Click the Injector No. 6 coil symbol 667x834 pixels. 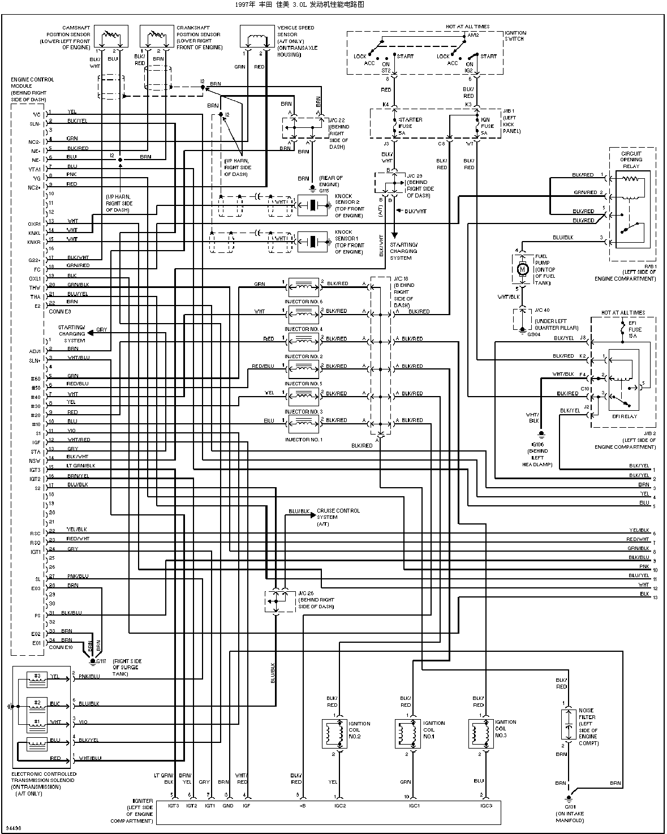tap(304, 285)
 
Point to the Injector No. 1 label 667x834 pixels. tap(304, 440)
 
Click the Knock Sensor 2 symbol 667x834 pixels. tap(312, 206)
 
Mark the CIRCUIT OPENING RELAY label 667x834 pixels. tap(631, 160)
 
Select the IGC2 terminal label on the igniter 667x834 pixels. tap(340, 806)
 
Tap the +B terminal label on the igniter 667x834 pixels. tap(302, 806)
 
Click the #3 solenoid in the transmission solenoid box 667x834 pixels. tap(37, 677)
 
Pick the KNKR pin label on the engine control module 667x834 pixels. tap(35, 242)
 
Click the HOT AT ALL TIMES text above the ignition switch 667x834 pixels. tap(467, 27)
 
